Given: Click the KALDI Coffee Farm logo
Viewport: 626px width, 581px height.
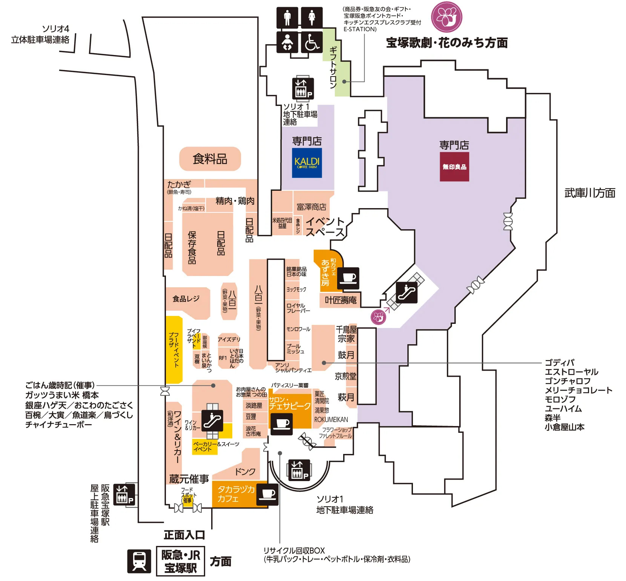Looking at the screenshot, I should [307, 162].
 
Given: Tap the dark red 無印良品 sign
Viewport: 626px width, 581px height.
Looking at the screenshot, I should [454, 167].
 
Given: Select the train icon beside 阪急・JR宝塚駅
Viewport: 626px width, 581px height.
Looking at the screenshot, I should [139, 561].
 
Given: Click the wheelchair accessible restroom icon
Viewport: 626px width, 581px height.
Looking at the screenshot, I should [312, 42].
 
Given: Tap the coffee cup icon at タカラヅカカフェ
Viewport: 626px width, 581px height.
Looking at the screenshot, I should [268, 494].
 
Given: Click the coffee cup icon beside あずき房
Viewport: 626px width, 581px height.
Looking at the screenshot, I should [348, 278].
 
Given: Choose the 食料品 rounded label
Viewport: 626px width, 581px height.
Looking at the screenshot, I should [210, 159].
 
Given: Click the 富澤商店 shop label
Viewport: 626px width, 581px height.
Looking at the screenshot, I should [311, 207].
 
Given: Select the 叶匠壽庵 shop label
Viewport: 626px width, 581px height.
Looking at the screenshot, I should [341, 300].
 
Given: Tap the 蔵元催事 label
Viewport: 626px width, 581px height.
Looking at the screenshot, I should [189, 479].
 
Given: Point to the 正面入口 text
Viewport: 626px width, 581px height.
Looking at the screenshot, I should [184, 535].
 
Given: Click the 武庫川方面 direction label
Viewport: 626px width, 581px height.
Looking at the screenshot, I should [589, 193].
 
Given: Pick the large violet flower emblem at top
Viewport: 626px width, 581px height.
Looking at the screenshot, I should [446, 17].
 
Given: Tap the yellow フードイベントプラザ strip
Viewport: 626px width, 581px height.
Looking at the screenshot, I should [174, 350].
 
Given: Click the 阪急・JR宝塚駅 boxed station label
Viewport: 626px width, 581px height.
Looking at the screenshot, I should [181, 561].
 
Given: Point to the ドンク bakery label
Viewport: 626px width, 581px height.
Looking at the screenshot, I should [245, 471].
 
